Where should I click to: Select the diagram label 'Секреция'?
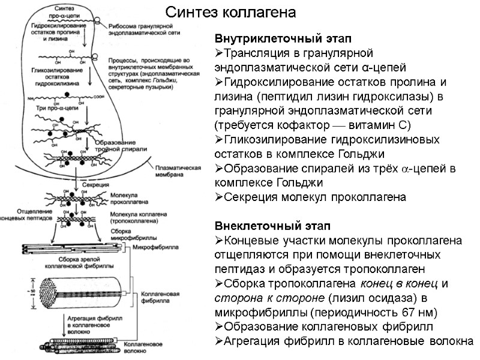(95, 185)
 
